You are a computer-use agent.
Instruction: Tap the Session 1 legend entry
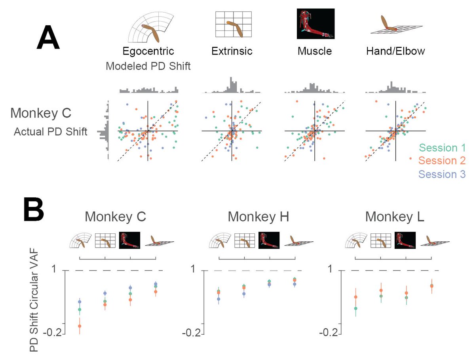(x=443, y=148)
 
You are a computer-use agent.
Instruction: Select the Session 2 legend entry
(x=443, y=161)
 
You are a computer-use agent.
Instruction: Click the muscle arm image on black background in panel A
(x=315, y=24)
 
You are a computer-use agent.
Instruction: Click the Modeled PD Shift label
(x=148, y=66)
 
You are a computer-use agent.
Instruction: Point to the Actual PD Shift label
(x=50, y=132)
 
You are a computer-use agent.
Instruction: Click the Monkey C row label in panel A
(x=41, y=113)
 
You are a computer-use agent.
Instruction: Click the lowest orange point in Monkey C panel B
(x=80, y=326)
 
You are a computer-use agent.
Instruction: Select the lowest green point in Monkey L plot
(x=355, y=308)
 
